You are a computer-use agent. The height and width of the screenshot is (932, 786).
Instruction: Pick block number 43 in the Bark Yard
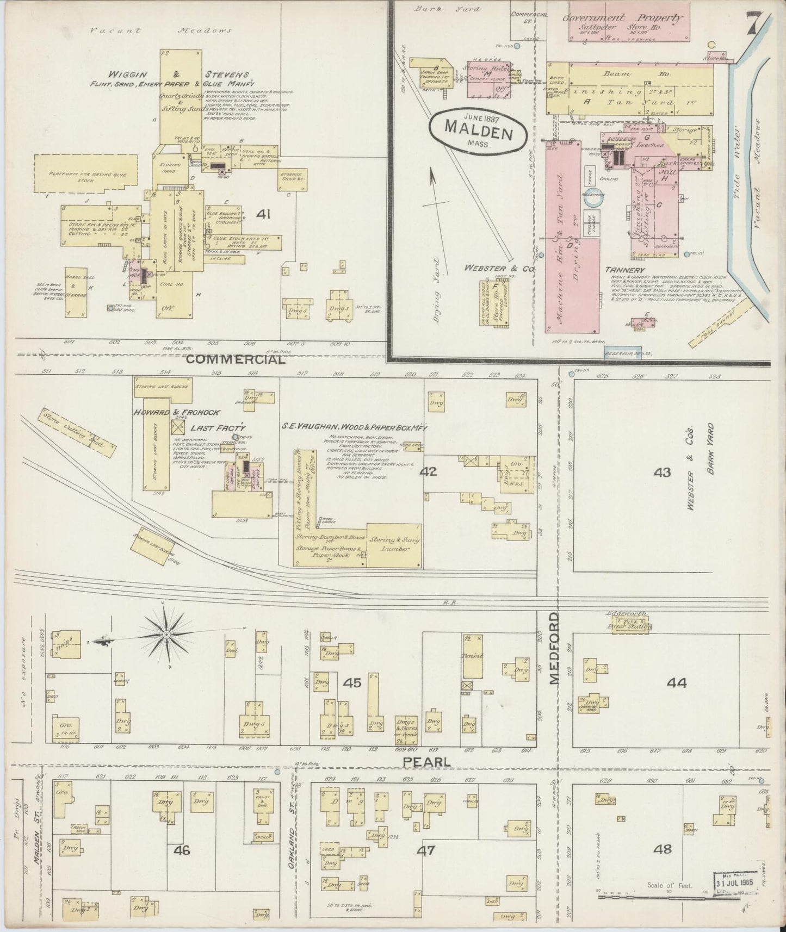tap(662, 472)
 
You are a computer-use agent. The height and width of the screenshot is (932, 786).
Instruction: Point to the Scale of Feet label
tap(669, 885)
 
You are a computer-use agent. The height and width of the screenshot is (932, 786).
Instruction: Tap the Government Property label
tap(622, 17)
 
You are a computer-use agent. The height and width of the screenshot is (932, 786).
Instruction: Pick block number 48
tap(664, 848)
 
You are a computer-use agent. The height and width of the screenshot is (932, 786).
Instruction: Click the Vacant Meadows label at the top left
tap(160, 31)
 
